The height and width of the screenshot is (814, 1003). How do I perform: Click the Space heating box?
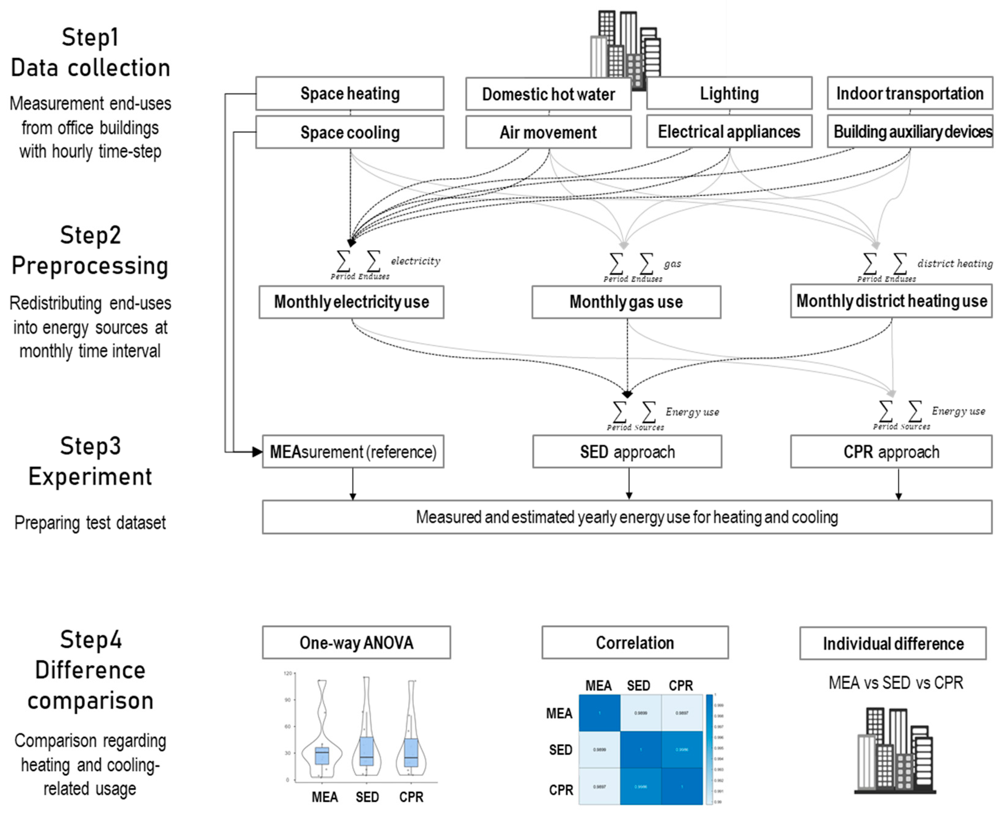(350, 94)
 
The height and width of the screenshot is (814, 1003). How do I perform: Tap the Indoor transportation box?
(909, 94)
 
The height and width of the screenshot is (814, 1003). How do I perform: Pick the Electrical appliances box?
(729, 132)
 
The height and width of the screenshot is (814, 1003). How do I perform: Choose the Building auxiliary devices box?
(909, 132)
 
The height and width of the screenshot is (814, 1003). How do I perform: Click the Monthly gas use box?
(626, 302)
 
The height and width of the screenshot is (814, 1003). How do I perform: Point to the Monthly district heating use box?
(891, 301)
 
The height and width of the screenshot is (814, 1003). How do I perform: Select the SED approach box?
(627, 452)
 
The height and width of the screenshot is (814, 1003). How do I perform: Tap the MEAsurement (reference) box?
(353, 452)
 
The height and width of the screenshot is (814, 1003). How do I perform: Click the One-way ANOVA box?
(356, 643)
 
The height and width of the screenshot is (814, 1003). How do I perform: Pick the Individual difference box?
(893, 643)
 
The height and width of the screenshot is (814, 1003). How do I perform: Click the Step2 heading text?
(90, 236)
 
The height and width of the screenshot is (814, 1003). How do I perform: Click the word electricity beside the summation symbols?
(415, 261)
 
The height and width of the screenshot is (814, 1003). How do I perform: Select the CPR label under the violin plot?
(411, 797)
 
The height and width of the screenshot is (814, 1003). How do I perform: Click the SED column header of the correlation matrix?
(638, 686)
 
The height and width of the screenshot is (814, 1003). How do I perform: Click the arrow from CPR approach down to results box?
(898, 484)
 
